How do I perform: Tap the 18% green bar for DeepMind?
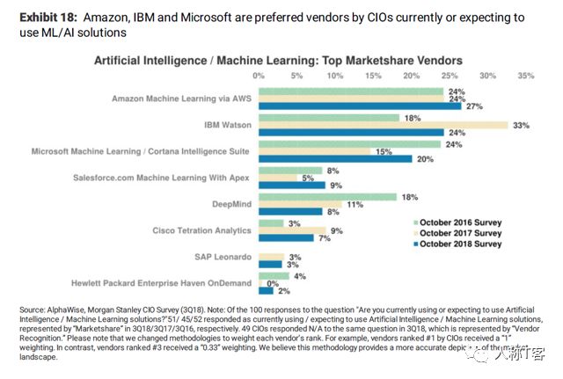[x=328, y=198]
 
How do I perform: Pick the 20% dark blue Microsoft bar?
[x=335, y=159]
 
